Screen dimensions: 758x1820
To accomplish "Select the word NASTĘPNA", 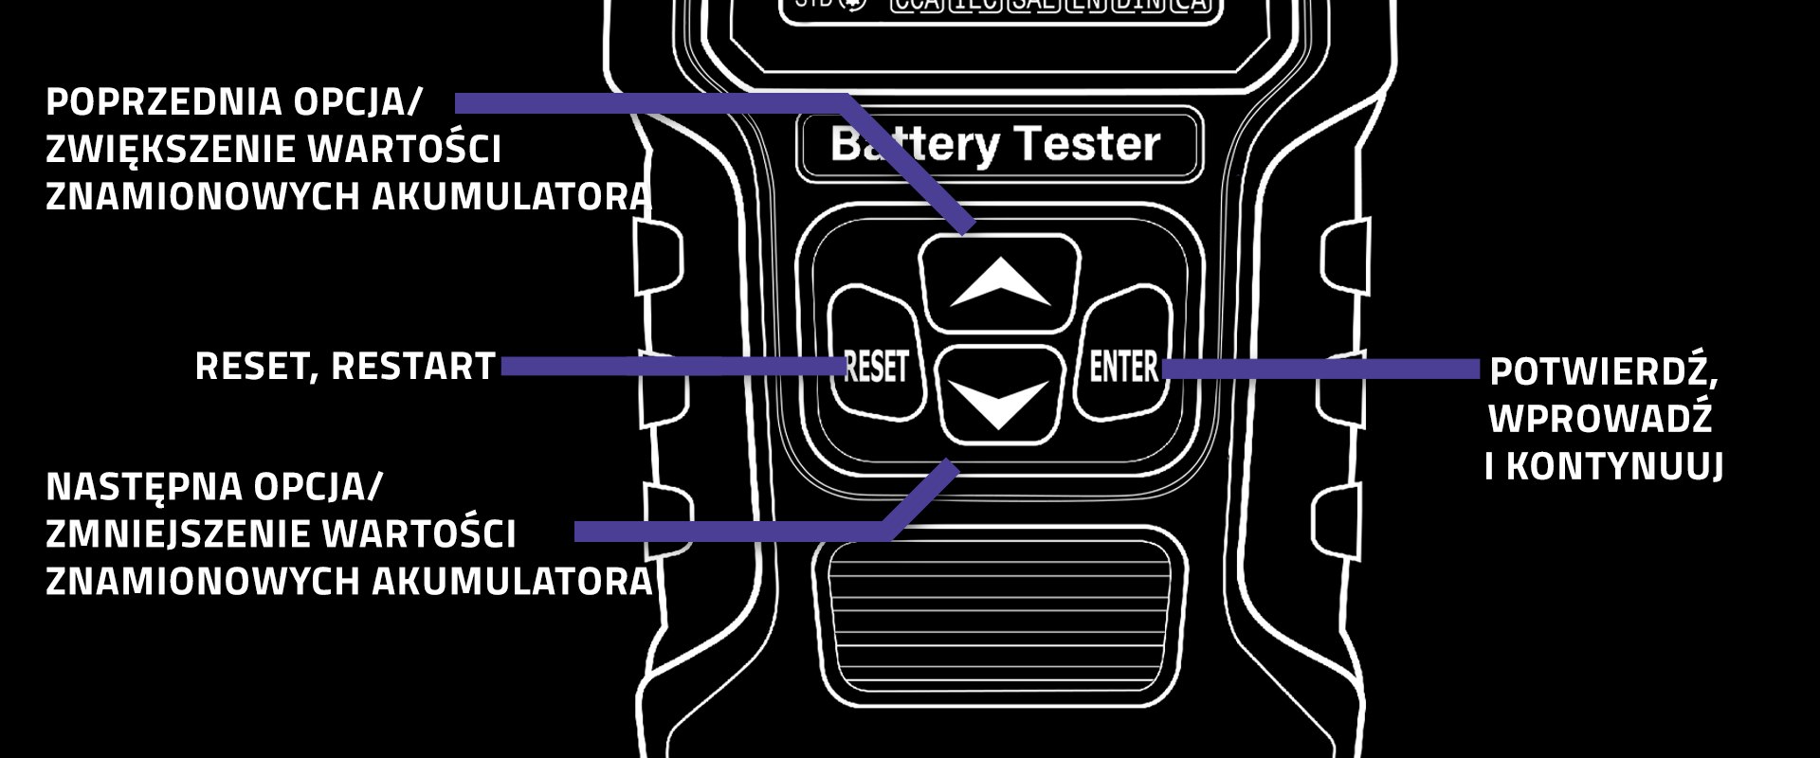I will pos(143,487).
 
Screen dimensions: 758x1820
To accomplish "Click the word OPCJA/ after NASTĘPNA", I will pos(317,487).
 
